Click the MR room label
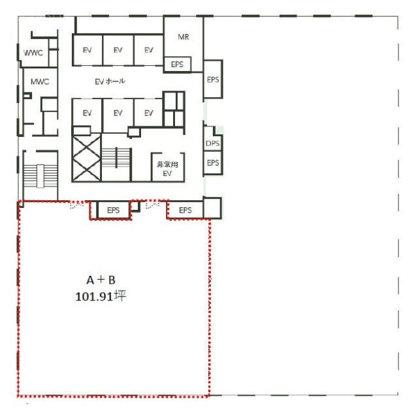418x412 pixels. click(184, 37)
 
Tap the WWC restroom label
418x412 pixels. click(33, 53)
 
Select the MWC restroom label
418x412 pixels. click(40, 81)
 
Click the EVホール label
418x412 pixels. click(110, 81)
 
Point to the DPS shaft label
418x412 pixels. click(213, 143)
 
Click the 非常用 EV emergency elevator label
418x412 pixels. click(167, 169)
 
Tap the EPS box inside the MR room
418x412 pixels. click(177, 65)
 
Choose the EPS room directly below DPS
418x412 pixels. click(213, 162)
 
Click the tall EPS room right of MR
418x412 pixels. click(213, 80)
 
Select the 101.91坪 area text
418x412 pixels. click(101, 296)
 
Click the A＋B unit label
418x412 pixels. click(101, 280)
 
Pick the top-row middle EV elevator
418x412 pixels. click(118, 50)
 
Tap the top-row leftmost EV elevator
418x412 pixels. click(87, 50)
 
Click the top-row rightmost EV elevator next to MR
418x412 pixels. click(148, 50)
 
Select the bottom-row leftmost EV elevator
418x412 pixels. click(87, 113)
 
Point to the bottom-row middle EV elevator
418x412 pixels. click(118, 113)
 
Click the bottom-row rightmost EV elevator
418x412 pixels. click(148, 113)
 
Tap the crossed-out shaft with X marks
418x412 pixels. click(86, 158)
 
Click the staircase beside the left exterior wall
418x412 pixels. click(40, 176)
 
